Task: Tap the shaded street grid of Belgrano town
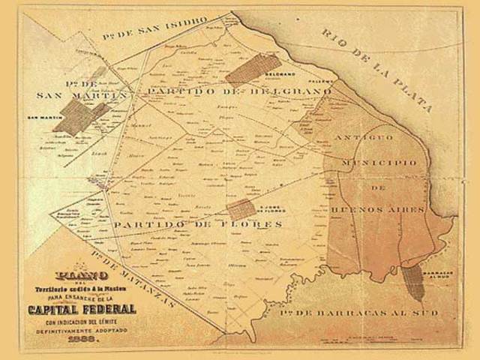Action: click(253, 68)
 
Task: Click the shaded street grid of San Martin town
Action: click(81, 117)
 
